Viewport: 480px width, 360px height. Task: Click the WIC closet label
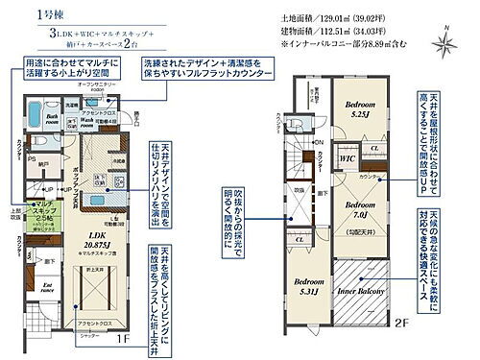[x=348, y=159]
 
